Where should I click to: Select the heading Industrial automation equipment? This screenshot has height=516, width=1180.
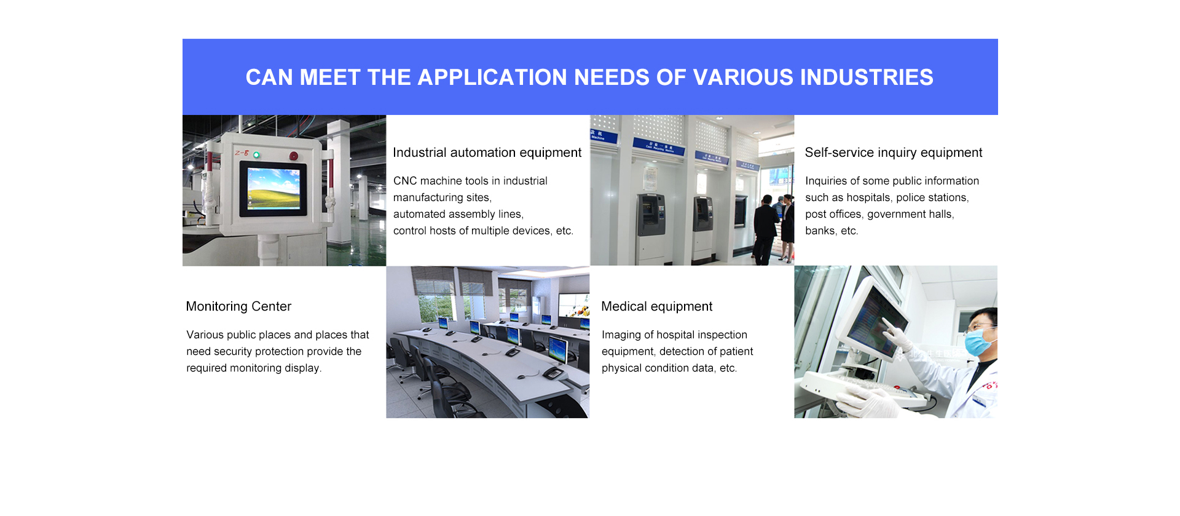(x=487, y=153)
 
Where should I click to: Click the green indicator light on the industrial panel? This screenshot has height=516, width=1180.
(x=256, y=155)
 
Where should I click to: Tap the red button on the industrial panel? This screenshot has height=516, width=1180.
(x=294, y=156)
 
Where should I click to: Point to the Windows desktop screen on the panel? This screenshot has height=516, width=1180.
(x=273, y=188)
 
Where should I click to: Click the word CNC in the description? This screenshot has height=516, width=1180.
(x=405, y=181)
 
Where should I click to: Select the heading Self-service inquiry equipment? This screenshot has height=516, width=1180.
(x=894, y=153)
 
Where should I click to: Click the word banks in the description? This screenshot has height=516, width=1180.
(x=820, y=231)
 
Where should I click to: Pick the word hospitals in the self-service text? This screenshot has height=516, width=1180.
(x=868, y=197)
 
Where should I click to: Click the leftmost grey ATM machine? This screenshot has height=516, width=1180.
(x=650, y=215)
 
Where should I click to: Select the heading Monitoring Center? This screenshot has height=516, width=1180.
(x=238, y=306)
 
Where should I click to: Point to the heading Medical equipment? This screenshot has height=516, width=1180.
(x=657, y=306)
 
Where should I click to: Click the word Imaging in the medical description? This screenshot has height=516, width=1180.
(x=621, y=335)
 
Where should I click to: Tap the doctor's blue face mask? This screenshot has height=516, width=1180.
(x=979, y=342)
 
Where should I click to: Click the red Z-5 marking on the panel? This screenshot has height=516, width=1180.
(x=242, y=153)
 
